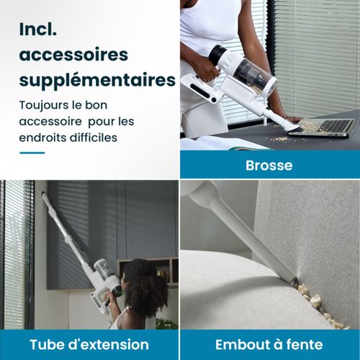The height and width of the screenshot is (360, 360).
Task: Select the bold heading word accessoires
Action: coord(73,55)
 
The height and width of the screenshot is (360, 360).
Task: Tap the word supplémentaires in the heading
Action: coord(97,80)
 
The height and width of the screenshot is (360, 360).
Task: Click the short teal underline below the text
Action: coord(32,153)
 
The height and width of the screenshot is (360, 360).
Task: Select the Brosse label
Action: coord(269,165)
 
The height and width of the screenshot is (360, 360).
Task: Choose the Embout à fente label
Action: coord(269,344)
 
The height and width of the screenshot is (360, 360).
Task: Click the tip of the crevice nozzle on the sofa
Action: coord(293,279)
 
